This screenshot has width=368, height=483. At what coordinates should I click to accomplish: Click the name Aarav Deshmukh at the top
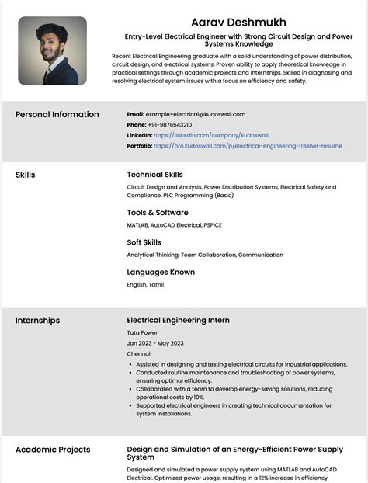pyautogui.click(x=238, y=22)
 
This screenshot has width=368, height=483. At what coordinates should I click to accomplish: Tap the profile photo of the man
pyautogui.click(x=52, y=51)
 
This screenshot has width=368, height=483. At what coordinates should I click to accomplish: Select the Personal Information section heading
pyautogui.click(x=57, y=115)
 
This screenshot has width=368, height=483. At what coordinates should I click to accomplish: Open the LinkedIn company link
pyautogui.click(x=211, y=135)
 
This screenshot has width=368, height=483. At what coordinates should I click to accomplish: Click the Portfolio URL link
pyautogui.click(x=248, y=145)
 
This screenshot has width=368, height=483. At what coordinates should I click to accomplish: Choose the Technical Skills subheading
pyautogui.click(x=154, y=175)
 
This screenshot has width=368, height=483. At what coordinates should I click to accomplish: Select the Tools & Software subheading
pyautogui.click(x=158, y=212)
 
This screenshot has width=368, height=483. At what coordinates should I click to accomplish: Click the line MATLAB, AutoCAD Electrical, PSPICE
pyautogui.click(x=174, y=224)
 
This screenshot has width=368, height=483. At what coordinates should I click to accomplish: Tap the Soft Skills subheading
pyautogui.click(x=144, y=242)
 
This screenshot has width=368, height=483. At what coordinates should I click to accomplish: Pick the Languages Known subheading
pyautogui.click(x=161, y=272)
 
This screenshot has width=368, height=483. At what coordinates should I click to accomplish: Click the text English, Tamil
pyautogui.click(x=145, y=285)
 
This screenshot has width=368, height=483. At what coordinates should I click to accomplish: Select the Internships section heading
pyautogui.click(x=37, y=321)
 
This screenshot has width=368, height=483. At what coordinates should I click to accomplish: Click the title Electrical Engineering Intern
pyautogui.click(x=178, y=320)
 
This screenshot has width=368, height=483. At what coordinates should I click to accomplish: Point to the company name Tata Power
pyautogui.click(x=142, y=332)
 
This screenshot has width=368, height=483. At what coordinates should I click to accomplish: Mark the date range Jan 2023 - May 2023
pyautogui.click(x=155, y=342)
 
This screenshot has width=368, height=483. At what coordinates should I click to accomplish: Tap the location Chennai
pyautogui.click(x=138, y=353)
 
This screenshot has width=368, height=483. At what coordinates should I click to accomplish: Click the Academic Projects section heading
pyautogui.click(x=53, y=450)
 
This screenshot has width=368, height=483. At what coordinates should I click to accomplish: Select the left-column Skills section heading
pyautogui.click(x=25, y=175)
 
